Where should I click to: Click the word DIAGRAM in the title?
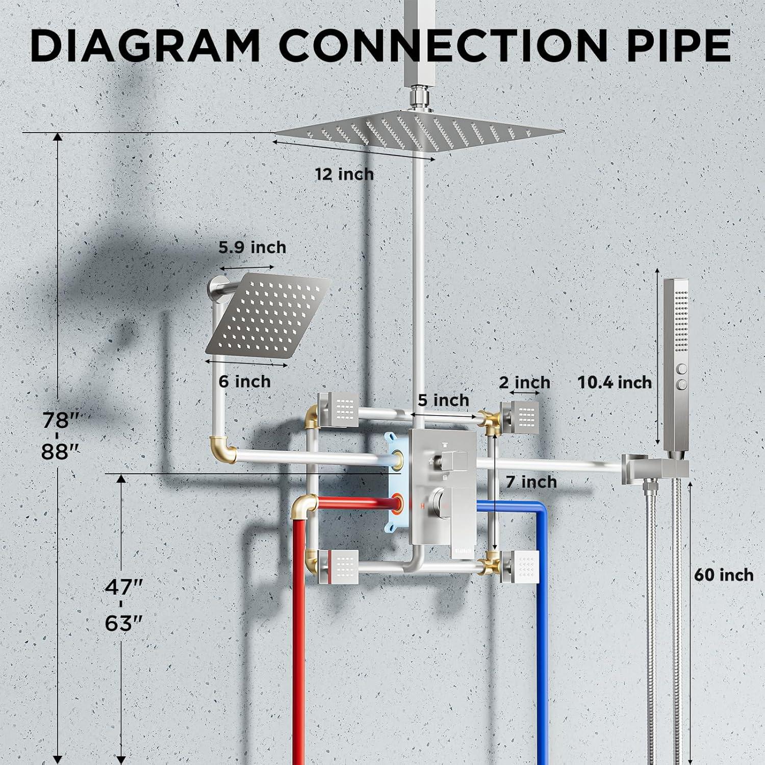(x=146, y=45)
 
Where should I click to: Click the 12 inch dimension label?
(x=344, y=174)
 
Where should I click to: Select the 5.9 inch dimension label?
(x=252, y=247)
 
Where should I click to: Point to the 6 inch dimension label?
(x=245, y=381)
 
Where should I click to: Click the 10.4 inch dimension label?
(x=615, y=382)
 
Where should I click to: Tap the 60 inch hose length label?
(x=724, y=575)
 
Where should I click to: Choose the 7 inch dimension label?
(x=531, y=481)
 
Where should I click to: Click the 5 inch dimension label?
(x=443, y=400)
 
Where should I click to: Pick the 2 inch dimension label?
(x=525, y=382)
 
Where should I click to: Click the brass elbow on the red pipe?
(x=304, y=506)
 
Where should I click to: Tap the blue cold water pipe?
(x=520, y=612)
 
